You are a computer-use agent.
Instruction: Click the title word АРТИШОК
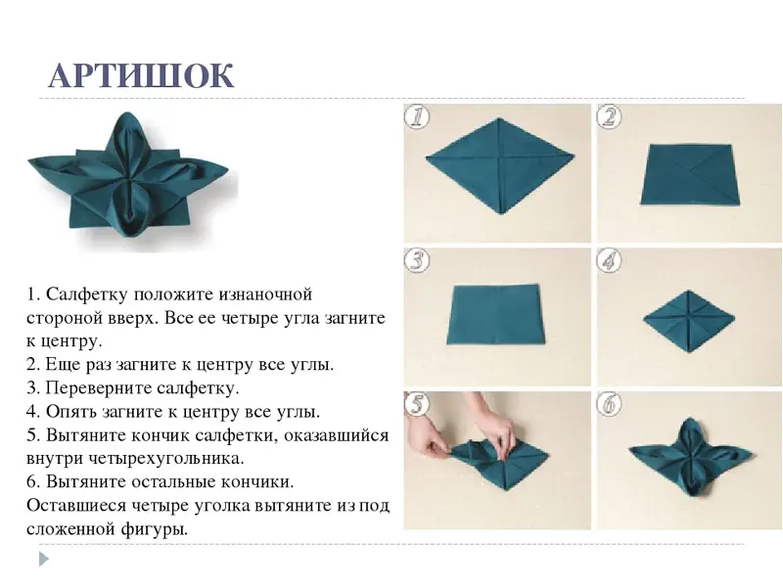tap(141, 76)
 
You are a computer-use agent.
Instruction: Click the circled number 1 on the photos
tap(417, 117)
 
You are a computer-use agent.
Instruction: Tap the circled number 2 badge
tap(609, 117)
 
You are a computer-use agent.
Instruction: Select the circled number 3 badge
tap(417, 261)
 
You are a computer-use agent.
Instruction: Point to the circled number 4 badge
tap(609, 261)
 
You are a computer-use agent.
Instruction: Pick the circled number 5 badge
tap(417, 404)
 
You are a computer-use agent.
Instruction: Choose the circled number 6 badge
tap(609, 404)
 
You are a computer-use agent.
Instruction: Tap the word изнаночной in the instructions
tap(265, 294)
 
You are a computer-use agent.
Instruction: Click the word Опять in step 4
tap(70, 412)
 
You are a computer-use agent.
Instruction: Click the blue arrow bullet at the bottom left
tap(44, 559)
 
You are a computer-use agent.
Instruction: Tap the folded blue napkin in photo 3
tap(495, 314)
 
